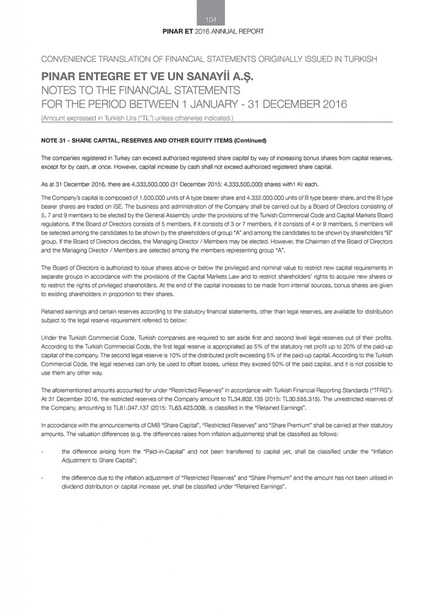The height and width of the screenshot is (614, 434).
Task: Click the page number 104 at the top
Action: click(217, 20)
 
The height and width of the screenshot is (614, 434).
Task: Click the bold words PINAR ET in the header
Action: click(179, 31)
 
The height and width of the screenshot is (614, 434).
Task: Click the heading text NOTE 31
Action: click(56, 141)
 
